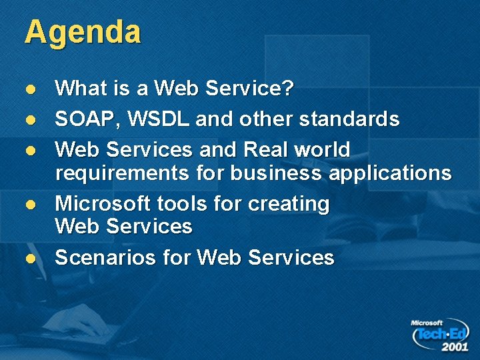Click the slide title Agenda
coord(83,33)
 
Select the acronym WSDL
coord(160,119)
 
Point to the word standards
coord(349,119)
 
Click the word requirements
coord(123,174)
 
